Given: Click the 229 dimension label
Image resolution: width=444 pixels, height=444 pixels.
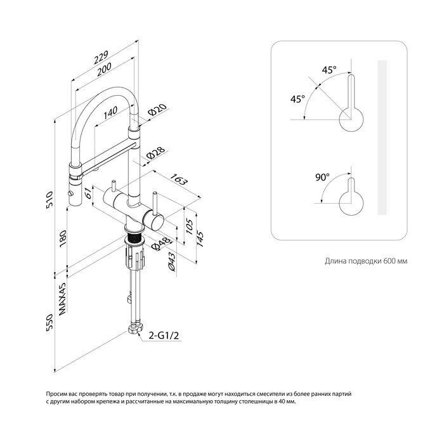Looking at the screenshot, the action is point(101,57).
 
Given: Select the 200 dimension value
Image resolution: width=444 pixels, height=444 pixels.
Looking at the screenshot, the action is point(104,69).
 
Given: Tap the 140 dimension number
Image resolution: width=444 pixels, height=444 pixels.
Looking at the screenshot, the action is point(110,112).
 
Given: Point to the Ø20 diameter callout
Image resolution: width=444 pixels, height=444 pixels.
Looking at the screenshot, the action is point(157,110).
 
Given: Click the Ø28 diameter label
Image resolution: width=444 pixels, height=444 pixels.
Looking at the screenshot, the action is point(155,153).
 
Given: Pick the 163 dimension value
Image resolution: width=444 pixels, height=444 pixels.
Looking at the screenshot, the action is point(179,179).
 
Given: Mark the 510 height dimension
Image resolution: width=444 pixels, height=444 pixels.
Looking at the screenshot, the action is point(49,200).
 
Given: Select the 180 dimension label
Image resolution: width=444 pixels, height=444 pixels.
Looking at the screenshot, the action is point(63,238).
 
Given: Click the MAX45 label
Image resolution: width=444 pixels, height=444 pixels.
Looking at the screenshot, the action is point(62,299).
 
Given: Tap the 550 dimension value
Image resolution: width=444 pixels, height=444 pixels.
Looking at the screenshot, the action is point(49,322).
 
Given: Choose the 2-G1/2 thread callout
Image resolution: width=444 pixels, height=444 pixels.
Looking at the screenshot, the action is point(164,336).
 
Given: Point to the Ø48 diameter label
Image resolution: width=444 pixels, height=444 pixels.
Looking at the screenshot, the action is point(162,244).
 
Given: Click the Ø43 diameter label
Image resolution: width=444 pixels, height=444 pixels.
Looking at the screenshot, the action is point(172,262).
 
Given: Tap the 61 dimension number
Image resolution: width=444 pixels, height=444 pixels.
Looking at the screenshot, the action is point(89,193).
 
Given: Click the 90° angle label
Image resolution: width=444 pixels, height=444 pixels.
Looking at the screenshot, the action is point(322,177).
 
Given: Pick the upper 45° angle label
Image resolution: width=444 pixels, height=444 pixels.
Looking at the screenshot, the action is point(329,70).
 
